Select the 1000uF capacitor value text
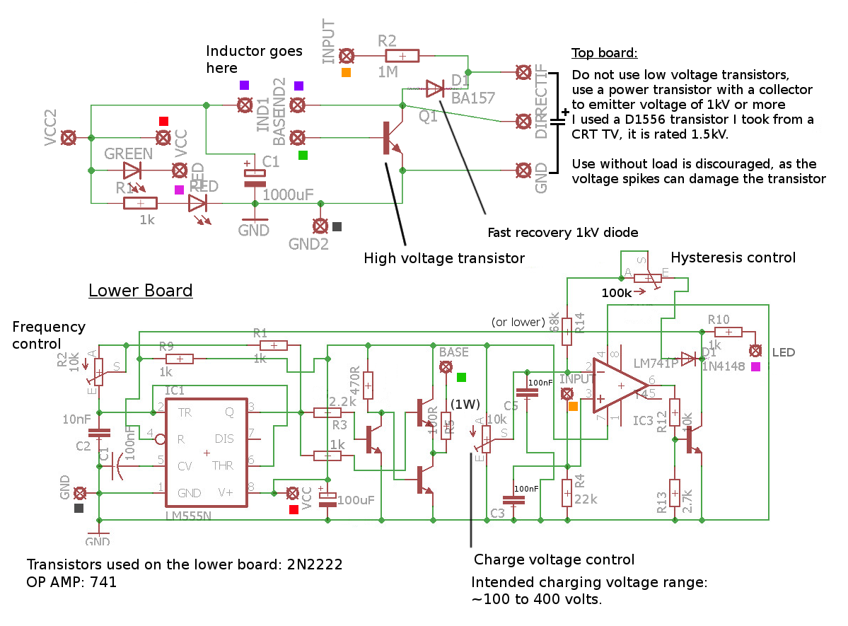(x=287, y=193)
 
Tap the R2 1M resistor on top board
(x=402, y=56)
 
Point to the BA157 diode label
(x=473, y=98)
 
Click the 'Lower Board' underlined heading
(x=140, y=291)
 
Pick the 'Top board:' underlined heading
(x=604, y=54)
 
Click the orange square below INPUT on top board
(x=346, y=73)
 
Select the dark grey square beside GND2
(x=337, y=227)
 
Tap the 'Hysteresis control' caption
(x=733, y=257)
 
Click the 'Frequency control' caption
(x=49, y=335)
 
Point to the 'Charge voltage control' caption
(x=554, y=560)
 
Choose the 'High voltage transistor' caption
(x=444, y=259)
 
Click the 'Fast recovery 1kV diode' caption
(x=563, y=233)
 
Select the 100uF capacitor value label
(x=356, y=501)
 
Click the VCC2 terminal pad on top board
(x=69, y=137)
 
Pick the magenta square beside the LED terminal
(x=756, y=367)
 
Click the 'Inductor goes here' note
(x=254, y=59)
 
